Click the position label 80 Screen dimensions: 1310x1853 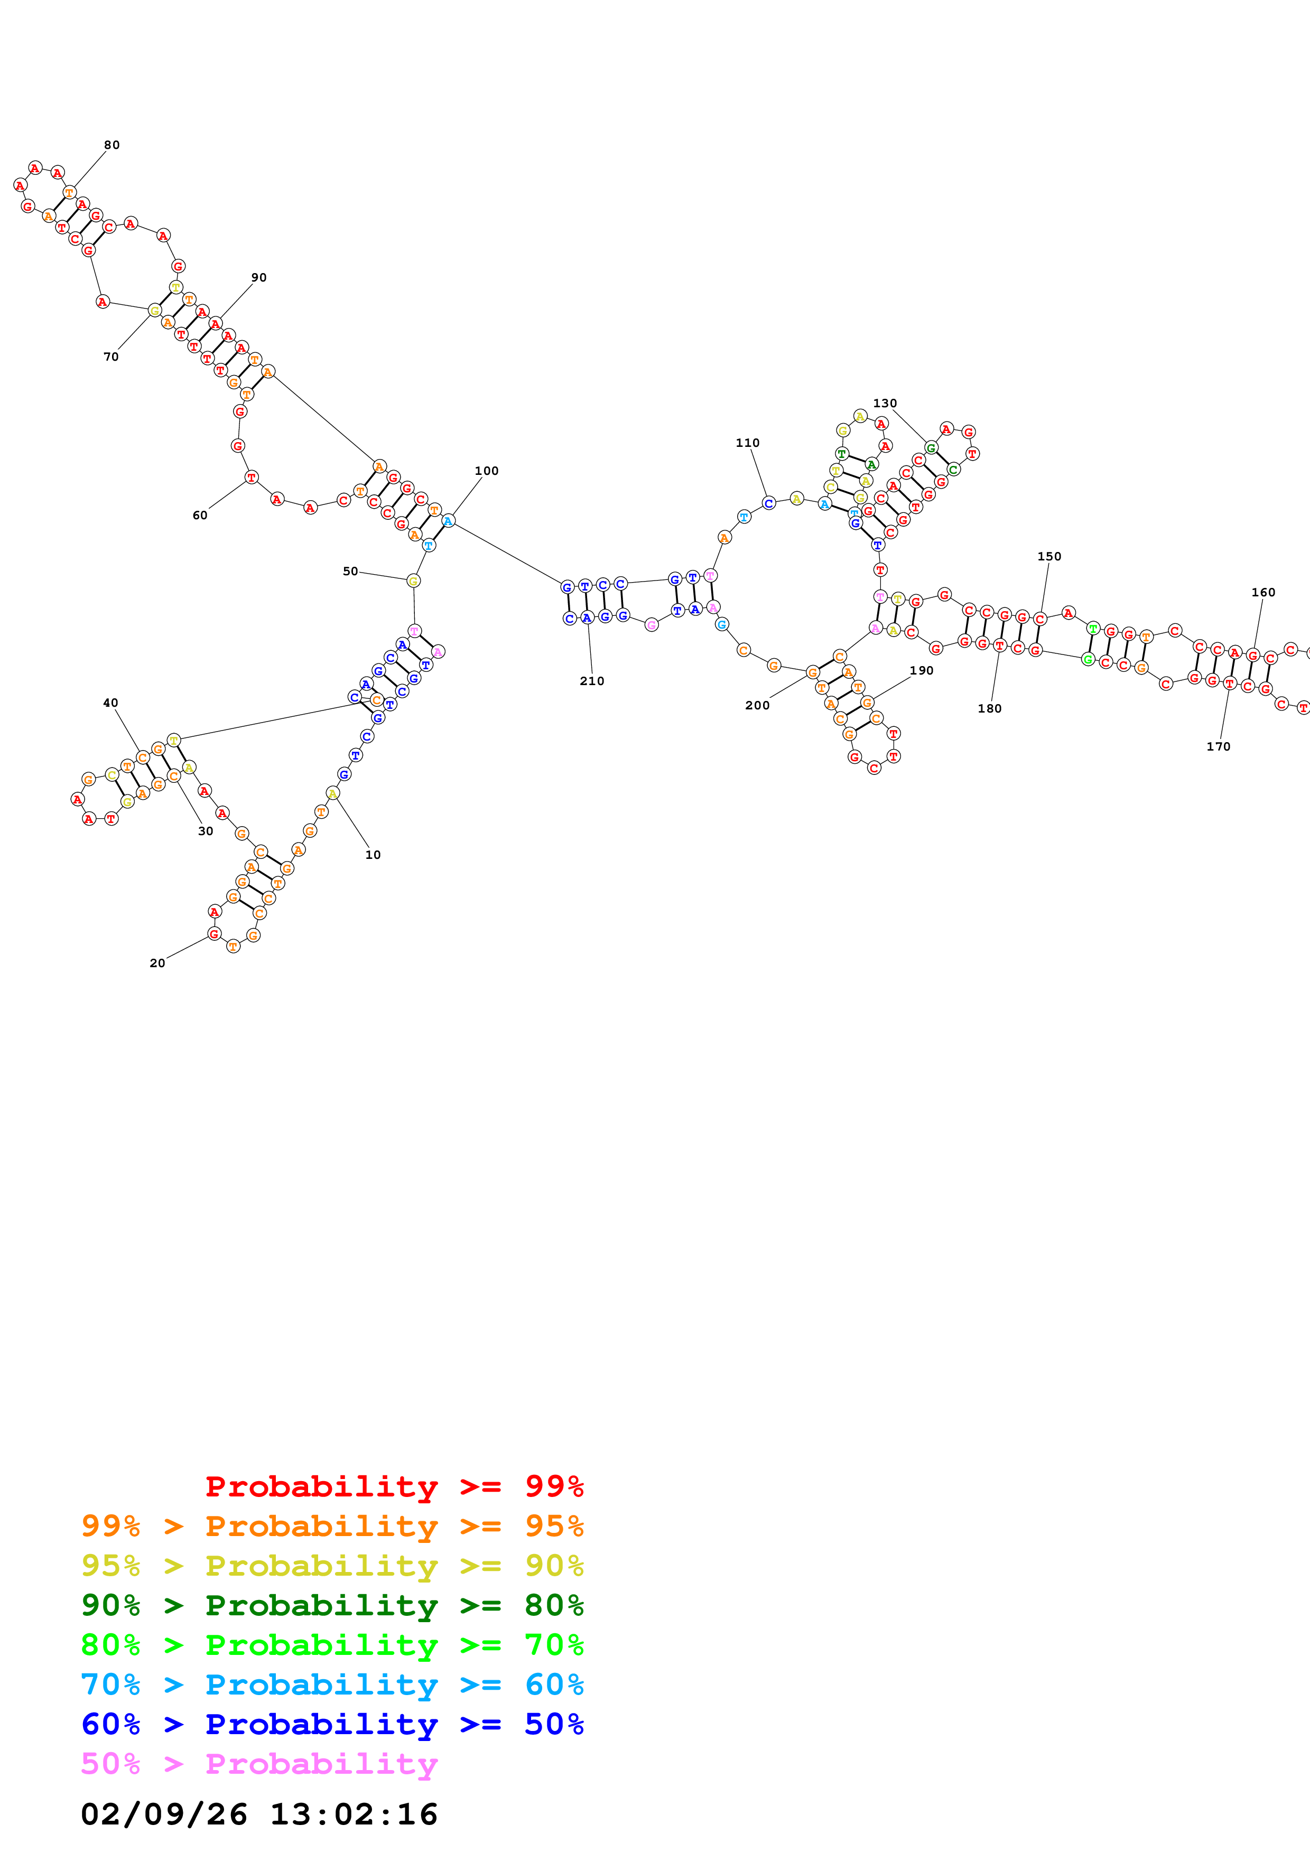pos(112,145)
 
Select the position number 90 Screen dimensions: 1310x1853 pos(258,278)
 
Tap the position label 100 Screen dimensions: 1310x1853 pos(486,471)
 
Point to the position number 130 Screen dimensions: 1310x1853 pos(885,404)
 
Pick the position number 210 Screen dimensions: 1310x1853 pos(592,681)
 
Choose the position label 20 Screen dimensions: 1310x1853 pos(157,963)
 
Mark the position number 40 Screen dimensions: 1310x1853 pos(110,704)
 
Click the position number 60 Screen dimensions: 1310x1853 pos(199,516)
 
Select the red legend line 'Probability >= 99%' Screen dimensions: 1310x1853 pos(394,1486)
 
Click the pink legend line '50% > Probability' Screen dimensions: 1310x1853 pos(259,1764)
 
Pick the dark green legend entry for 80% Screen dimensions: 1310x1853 pos(332,1605)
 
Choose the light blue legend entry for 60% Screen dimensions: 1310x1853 pos(332,1684)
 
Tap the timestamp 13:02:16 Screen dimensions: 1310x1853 pos(354,1814)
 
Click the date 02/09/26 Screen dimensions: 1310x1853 pos(164,1814)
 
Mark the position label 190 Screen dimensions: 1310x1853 pos(921,671)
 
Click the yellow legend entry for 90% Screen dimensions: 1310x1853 pos(332,1566)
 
